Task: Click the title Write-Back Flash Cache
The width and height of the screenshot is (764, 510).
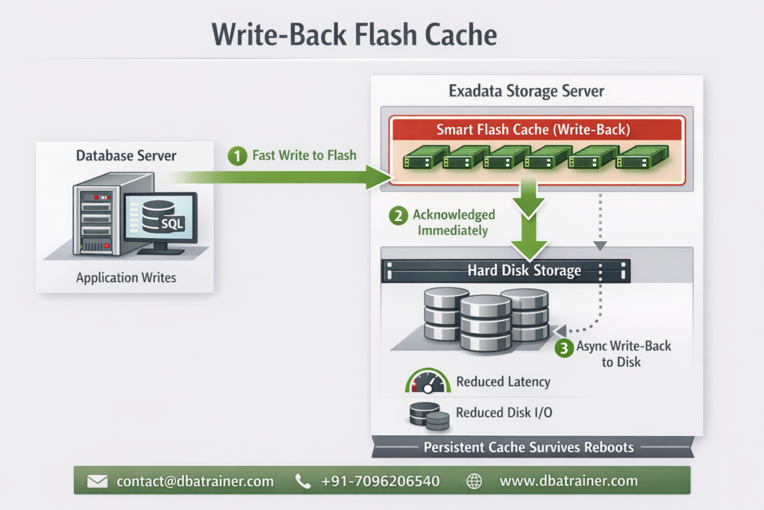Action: click(354, 35)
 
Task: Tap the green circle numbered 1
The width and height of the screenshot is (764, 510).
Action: click(237, 156)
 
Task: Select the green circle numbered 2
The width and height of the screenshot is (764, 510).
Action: click(399, 216)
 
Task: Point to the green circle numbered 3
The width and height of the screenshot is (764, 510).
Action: click(564, 347)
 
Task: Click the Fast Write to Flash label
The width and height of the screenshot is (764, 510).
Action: click(304, 156)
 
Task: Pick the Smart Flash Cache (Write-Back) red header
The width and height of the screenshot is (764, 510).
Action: click(533, 129)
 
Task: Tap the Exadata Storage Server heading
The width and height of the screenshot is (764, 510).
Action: click(526, 91)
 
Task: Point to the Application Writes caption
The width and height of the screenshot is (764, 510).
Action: click(126, 278)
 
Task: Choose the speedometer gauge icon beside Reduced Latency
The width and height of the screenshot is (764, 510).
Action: click(427, 382)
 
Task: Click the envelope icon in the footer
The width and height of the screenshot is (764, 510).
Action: click(98, 482)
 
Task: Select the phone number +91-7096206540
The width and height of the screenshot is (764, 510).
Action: click(380, 482)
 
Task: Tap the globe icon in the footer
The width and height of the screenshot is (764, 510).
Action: click(474, 482)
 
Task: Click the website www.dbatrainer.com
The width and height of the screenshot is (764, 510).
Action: click(569, 482)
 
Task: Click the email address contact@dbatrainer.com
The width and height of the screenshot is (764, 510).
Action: click(195, 482)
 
